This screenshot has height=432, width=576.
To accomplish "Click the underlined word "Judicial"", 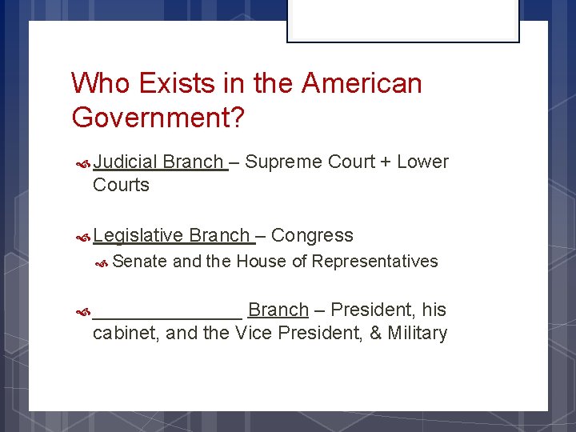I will tap(126, 162).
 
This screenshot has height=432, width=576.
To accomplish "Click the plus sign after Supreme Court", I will tap(386, 162).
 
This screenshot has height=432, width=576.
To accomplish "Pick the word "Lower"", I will tap(423, 162).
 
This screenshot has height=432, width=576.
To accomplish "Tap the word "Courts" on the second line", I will tap(121, 185).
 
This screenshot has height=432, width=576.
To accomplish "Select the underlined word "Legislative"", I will tap(138, 235).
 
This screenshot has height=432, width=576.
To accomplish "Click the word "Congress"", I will tap(312, 235).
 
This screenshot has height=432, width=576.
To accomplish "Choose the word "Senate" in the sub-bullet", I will tap(140, 262).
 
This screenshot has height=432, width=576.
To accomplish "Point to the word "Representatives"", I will tap(375, 262).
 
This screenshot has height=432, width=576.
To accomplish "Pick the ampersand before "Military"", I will tap(375, 333).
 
